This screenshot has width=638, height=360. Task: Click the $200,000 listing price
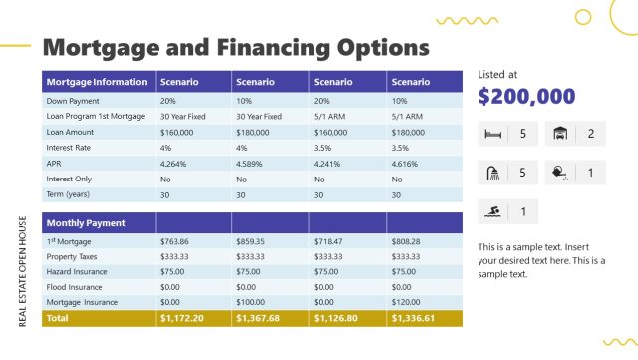[526, 97]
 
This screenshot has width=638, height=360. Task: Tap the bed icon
[492, 134]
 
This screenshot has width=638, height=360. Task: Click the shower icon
[492, 173]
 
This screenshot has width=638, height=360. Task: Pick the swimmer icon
[492, 211]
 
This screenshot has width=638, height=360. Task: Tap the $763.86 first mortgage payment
[174, 241]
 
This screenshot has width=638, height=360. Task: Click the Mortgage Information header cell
[97, 82]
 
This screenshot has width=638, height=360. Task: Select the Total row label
[58, 318]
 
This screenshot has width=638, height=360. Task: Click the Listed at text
[497, 74]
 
